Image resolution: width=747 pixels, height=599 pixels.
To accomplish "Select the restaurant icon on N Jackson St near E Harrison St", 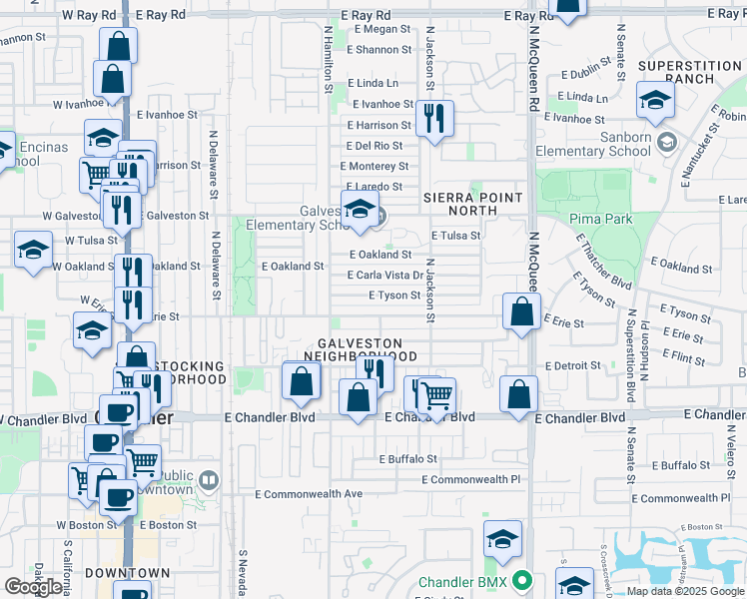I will [x=434, y=118].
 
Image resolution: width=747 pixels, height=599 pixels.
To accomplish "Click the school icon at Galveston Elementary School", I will [x=359, y=208].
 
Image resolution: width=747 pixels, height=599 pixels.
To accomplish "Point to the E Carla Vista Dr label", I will [x=385, y=275].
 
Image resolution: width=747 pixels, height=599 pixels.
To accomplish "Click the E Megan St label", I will [x=378, y=29].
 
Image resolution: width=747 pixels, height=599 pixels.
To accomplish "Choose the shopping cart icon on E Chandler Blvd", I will [x=436, y=395].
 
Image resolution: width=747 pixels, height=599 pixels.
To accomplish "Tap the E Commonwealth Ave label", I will [x=309, y=494].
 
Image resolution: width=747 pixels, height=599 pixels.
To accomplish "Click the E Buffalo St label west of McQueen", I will [x=407, y=459].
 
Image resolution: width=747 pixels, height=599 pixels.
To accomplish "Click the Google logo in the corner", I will [x=33, y=587].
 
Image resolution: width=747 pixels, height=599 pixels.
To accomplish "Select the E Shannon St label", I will [x=378, y=49].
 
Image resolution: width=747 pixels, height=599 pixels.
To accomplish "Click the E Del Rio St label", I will [x=374, y=146].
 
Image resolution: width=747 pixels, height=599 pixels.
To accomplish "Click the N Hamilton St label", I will [x=328, y=60].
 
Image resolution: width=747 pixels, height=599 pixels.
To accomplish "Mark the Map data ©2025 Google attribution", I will [x=684, y=591].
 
